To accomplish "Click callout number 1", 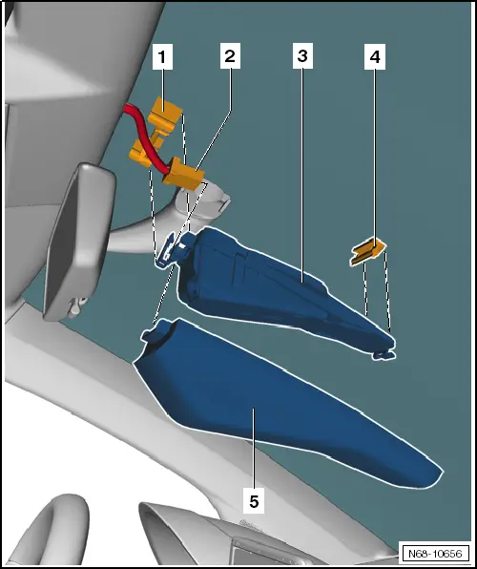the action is [x=162, y=56].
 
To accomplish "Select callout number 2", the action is [x=230, y=56].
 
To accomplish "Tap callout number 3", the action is [x=302, y=56].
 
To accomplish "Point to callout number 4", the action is [x=375, y=56].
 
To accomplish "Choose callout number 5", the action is [x=254, y=501].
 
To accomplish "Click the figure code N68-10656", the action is [x=435, y=554].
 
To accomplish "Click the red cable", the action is [x=144, y=137].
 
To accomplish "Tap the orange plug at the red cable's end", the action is [x=183, y=174].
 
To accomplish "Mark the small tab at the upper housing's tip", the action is [x=384, y=355].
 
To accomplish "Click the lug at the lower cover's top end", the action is [x=156, y=330].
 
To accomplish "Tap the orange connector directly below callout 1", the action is [x=165, y=113].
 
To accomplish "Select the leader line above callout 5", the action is [x=254, y=449].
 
